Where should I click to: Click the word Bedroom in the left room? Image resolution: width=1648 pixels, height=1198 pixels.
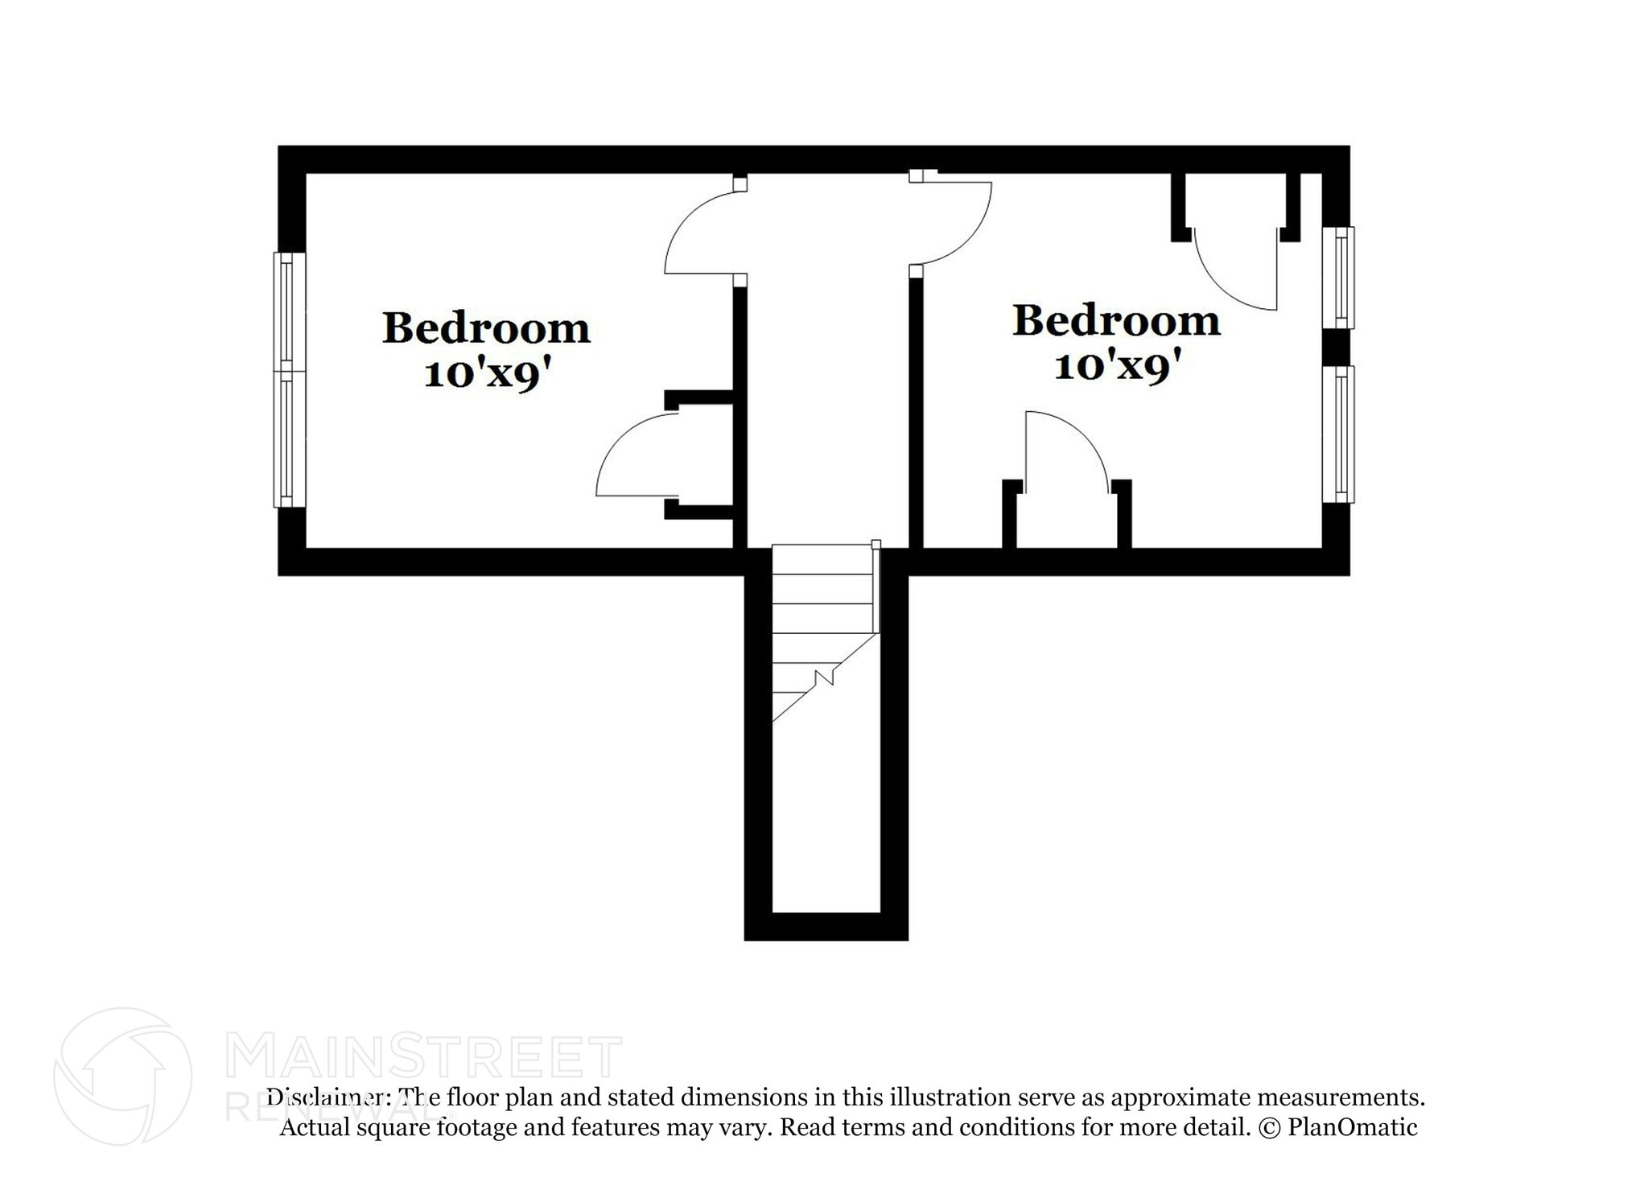486,329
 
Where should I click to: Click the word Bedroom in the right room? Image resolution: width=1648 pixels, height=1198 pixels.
1116,322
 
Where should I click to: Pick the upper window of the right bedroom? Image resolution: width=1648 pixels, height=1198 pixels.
1339,278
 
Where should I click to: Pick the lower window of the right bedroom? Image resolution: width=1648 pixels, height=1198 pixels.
1339,434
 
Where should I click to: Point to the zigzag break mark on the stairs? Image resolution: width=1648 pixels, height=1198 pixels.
824,678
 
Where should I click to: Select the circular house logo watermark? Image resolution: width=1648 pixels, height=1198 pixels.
122,1077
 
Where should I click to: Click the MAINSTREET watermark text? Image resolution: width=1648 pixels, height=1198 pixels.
423,1057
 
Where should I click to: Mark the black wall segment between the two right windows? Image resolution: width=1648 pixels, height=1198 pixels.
1336,348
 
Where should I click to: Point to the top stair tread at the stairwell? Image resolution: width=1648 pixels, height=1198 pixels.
822,559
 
